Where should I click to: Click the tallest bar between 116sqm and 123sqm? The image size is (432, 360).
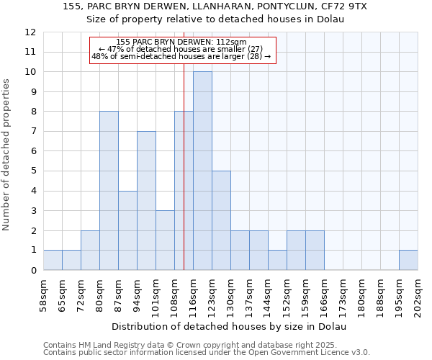click(x=202, y=171)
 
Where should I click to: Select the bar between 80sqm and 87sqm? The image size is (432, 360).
click(x=109, y=191)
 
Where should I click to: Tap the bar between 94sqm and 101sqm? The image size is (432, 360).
click(x=146, y=201)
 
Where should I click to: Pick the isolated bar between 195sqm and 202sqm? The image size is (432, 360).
click(x=408, y=260)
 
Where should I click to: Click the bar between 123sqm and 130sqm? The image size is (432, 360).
click(x=221, y=220)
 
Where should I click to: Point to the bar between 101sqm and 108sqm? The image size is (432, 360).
click(x=165, y=240)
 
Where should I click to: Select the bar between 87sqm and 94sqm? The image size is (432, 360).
click(x=127, y=230)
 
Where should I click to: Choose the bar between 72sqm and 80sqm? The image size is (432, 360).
click(x=90, y=251)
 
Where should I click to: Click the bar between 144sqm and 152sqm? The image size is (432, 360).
click(x=277, y=260)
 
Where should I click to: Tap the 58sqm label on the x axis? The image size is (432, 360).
click(x=44, y=294)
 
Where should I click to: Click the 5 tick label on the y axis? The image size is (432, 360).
click(x=33, y=171)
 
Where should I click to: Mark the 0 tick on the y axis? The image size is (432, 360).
click(x=33, y=271)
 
